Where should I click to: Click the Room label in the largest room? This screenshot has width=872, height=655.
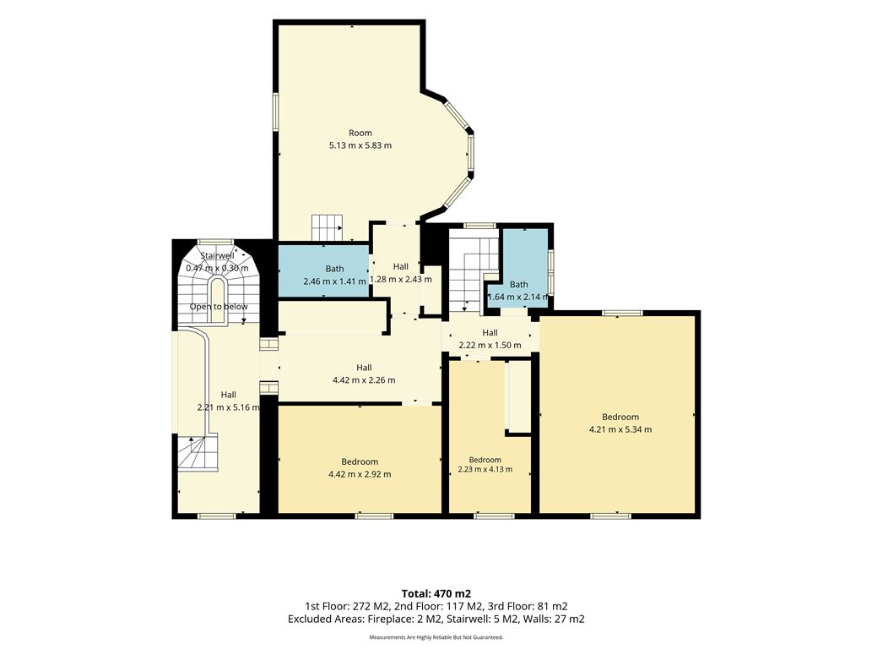coord(360,134)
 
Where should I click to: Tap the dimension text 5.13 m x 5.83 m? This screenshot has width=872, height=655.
coord(360,146)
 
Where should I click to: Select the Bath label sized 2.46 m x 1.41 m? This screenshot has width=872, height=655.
coord(335,269)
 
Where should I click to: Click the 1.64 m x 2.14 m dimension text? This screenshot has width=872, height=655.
coord(518,297)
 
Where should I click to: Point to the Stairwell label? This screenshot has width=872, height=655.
coord(218,255)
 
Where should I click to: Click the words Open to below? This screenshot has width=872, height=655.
coord(219,307)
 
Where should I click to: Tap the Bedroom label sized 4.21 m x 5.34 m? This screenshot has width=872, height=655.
coord(620,418)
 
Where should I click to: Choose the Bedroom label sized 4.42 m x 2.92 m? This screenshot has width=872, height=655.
coord(360,461)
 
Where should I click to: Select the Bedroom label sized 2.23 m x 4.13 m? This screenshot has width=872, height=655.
coord(485,460)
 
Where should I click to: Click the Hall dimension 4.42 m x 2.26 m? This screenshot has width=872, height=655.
coord(365,380)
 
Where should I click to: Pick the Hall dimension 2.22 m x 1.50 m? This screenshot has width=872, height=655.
coord(490,346)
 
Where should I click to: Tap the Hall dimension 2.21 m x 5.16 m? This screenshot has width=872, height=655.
coord(229,407)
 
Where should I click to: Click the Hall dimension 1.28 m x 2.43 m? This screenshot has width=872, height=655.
coord(401,280)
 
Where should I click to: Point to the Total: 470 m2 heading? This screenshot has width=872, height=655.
coord(436,594)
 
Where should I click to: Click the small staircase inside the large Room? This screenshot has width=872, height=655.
coord(328,227)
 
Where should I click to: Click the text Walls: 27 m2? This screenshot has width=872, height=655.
coord(554,620)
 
